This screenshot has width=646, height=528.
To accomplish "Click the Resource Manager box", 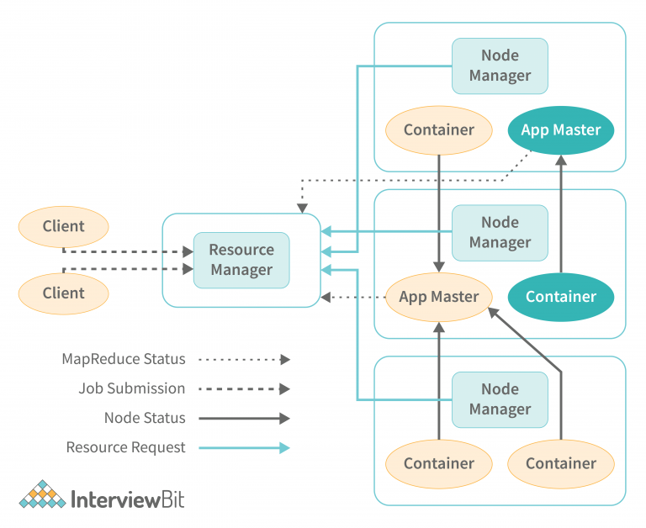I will coord(241,260).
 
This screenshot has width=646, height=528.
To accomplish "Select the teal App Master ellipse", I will coord(561,130).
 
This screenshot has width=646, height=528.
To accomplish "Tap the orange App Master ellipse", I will coord(438,297).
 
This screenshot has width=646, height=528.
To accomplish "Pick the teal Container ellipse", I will coord(561,297).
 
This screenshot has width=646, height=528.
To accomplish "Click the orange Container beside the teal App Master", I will coord(438,130).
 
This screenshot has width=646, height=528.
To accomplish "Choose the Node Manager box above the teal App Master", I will coord(500,66).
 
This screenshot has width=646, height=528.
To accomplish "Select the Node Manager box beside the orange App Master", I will coord(500,233).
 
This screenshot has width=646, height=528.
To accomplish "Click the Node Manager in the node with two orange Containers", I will coord(500,399).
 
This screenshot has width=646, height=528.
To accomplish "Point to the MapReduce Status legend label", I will coord(124,359).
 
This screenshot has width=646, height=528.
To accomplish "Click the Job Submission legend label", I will coord(132,388).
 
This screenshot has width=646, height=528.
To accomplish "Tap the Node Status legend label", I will coord(145,418).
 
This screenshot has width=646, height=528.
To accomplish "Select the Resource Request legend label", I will coord(126,447).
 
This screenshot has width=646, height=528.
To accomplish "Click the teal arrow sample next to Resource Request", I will coord(244,447).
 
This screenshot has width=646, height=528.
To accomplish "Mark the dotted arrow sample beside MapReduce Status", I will coord(244,359).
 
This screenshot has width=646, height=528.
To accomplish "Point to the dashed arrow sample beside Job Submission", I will coord(244,388).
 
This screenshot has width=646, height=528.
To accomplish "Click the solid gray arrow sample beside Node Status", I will coord(244,418).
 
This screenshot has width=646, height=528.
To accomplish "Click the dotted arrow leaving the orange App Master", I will coord(353,297).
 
